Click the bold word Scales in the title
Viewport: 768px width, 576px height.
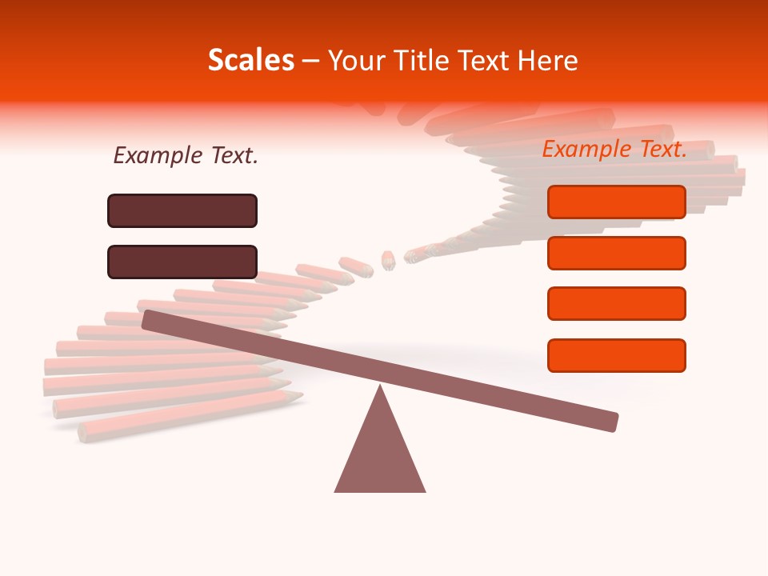(x=250, y=61)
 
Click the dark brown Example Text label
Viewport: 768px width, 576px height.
(x=186, y=156)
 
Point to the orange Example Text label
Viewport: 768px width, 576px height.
(x=614, y=149)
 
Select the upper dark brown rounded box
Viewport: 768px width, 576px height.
(x=182, y=210)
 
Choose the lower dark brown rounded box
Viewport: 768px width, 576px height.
(x=182, y=262)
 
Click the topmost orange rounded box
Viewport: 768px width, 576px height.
(x=617, y=202)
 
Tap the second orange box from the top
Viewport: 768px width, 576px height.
(x=617, y=253)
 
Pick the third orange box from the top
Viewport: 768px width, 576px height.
(x=617, y=304)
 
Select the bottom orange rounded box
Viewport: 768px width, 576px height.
(x=617, y=355)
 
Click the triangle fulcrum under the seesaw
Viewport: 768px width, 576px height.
(x=380, y=452)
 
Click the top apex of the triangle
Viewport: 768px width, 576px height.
(x=380, y=388)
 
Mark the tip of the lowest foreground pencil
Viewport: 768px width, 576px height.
(x=298, y=395)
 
